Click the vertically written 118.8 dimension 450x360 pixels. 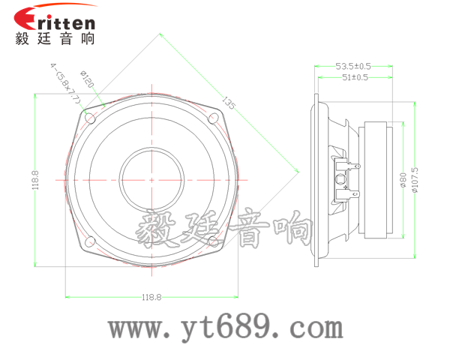35,180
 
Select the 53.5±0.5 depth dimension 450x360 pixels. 352,67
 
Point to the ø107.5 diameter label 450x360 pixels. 414,180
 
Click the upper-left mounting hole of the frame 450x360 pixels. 91,118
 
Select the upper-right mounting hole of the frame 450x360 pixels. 213,118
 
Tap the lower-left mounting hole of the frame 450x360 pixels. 91,241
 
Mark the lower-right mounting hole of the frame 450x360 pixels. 213,241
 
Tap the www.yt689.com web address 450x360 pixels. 225,328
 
